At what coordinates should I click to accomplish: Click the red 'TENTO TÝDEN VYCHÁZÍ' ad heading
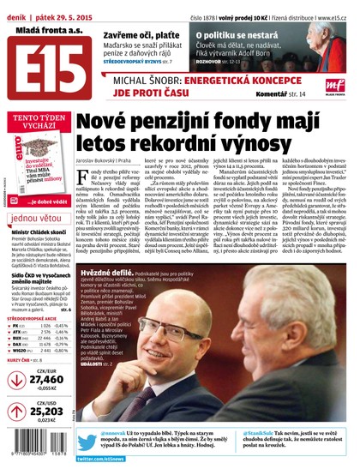[36, 122]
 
